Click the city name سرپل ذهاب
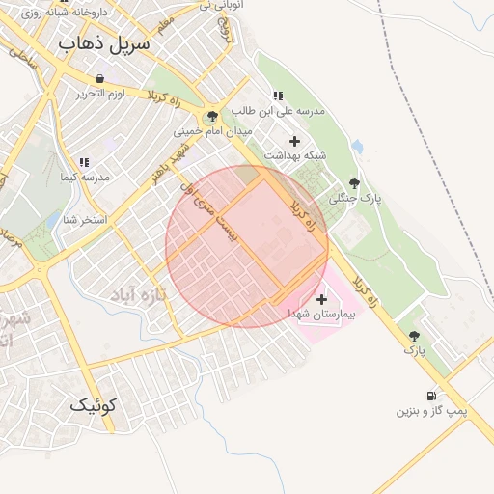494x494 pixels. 105,44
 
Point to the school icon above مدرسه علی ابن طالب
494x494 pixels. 279,96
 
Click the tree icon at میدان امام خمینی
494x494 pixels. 212,116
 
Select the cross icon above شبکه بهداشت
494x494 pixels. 294,141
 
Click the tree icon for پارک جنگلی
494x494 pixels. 354,182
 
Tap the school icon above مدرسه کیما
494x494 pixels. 83,162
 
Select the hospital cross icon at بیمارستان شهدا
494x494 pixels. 321,300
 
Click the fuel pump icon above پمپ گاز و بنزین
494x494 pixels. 430,396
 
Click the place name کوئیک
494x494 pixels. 93,406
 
